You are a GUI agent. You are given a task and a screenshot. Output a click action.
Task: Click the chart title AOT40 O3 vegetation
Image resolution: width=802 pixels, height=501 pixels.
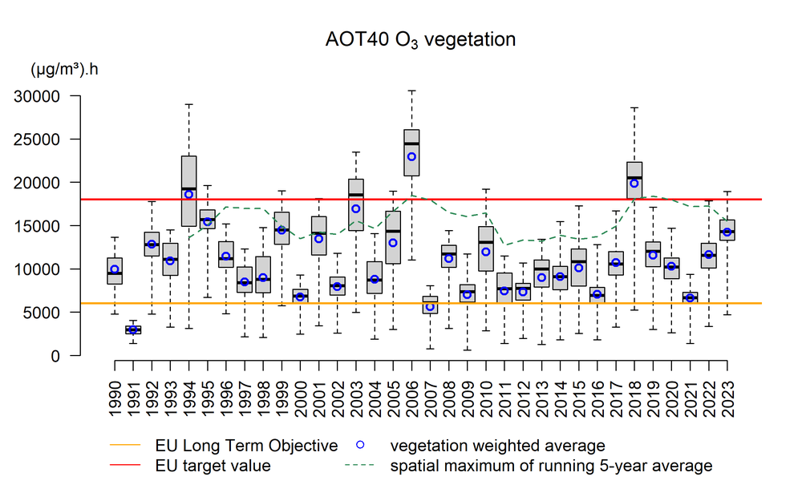(420, 39)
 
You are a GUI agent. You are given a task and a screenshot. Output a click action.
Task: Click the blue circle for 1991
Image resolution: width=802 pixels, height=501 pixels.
(133, 329)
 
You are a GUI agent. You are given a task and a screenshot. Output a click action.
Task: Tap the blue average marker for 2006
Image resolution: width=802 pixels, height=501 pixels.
(411, 156)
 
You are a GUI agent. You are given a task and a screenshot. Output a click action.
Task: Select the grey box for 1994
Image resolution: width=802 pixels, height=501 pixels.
(189, 191)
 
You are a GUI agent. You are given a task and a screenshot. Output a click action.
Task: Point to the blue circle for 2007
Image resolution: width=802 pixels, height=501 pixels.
(430, 307)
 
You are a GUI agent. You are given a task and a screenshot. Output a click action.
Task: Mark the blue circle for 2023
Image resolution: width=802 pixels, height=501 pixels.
(727, 232)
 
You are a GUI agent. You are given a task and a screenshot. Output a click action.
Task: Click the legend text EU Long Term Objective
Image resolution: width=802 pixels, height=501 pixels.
(246, 446)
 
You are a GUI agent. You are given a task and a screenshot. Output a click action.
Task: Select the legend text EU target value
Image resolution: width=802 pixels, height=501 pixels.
(213, 466)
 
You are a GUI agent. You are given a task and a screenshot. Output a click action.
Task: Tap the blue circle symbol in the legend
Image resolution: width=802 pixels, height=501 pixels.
(361, 446)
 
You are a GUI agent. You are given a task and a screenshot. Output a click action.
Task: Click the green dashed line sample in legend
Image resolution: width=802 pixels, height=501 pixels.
(361, 466)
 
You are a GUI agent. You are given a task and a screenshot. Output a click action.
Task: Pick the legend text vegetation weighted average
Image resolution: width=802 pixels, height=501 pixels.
(497, 446)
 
